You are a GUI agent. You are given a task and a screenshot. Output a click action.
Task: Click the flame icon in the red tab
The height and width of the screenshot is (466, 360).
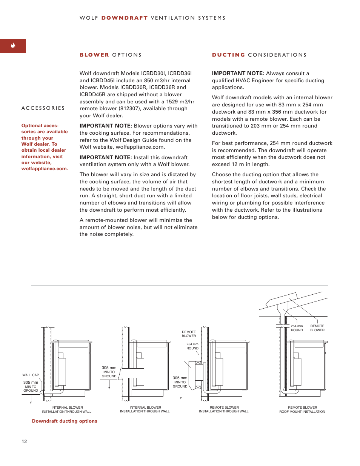pyautogui.click(x=13, y=46)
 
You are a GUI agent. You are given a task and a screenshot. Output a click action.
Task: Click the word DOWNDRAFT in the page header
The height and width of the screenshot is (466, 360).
pyautogui.click(x=124, y=18)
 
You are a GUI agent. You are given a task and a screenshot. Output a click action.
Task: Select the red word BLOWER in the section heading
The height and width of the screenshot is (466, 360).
pyautogui.click(x=94, y=55)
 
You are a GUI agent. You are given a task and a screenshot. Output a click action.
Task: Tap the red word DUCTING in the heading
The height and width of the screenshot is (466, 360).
pyautogui.click(x=228, y=55)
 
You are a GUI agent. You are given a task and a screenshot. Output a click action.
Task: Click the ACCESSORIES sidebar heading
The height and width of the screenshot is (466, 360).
pyautogui.click(x=43, y=108)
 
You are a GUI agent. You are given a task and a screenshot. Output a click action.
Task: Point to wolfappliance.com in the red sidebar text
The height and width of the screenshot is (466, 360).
pyautogui.click(x=44, y=169)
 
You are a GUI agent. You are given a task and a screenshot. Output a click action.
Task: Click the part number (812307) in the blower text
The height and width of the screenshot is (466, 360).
pyautogui.click(x=132, y=108)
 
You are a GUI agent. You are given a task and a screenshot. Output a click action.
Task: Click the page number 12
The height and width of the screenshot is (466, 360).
pyautogui.click(x=24, y=441)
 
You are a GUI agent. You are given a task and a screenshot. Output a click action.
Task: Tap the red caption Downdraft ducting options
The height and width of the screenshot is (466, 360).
pyautogui.click(x=65, y=421)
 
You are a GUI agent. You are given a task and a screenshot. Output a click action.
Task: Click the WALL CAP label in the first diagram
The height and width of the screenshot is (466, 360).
pyautogui.click(x=31, y=375)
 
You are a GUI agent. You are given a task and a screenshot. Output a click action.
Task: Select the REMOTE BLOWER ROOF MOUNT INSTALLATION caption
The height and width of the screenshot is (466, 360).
pyautogui.click(x=302, y=410)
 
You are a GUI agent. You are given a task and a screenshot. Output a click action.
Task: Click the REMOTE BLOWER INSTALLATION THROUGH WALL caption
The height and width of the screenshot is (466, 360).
pyautogui.click(x=224, y=410)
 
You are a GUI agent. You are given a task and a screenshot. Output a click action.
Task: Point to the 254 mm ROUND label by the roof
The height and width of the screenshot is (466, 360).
pyautogui.click(x=297, y=328)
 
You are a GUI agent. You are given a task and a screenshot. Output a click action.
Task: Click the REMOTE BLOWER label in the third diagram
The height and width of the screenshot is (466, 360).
pyautogui.click(x=189, y=334)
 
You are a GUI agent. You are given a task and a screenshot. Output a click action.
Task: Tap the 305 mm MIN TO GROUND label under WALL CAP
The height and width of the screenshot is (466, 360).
pyautogui.click(x=31, y=386)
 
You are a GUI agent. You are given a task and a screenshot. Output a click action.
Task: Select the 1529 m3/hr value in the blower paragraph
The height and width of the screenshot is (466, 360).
pyautogui.click(x=180, y=102)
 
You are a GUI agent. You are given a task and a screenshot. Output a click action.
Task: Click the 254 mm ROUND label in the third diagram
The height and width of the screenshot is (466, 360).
pyautogui.click(x=192, y=346)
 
